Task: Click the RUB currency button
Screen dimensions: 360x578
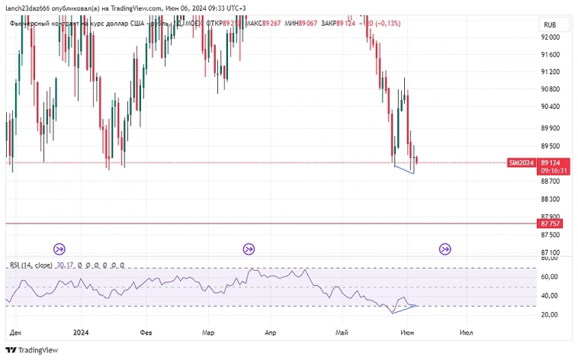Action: [550, 24]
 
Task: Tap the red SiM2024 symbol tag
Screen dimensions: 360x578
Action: [522, 162]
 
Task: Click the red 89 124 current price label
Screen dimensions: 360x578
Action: [550, 162]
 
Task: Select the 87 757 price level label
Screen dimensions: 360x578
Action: [550, 223]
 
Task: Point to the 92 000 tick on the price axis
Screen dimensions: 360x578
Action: [550, 37]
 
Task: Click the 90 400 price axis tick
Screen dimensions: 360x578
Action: [550, 107]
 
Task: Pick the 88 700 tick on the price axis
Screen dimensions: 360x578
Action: [550, 182]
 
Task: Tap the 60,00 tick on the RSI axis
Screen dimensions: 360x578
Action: [550, 276]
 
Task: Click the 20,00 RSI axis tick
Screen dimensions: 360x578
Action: [550, 314]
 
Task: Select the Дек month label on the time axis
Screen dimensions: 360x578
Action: [14, 333]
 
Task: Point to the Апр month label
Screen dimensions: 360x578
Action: [269, 333]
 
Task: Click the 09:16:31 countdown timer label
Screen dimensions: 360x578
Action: [550, 172]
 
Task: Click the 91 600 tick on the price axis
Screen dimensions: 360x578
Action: [550, 55]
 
